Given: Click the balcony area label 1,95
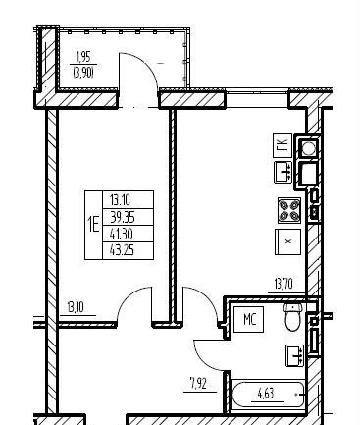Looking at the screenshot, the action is coord(82,57).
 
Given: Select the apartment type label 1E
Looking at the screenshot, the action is coord(93,225).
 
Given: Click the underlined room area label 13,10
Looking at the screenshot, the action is coord(76,308).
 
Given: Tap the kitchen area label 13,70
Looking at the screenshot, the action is coord(283,284).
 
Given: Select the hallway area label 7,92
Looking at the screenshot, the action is coord(198,383).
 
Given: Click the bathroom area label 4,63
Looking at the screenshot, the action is coord(266,394).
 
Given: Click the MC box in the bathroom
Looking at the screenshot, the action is coord(249,319).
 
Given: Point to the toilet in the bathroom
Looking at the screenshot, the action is coord(292,316).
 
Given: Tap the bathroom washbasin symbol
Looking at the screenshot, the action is coord(295,355).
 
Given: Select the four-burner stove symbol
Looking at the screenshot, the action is coord(289,210).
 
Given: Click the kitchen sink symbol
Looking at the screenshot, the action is coord(283,172).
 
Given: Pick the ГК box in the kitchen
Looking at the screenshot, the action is coord(283,145).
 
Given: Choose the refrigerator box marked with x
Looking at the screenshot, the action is coord(287,241).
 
